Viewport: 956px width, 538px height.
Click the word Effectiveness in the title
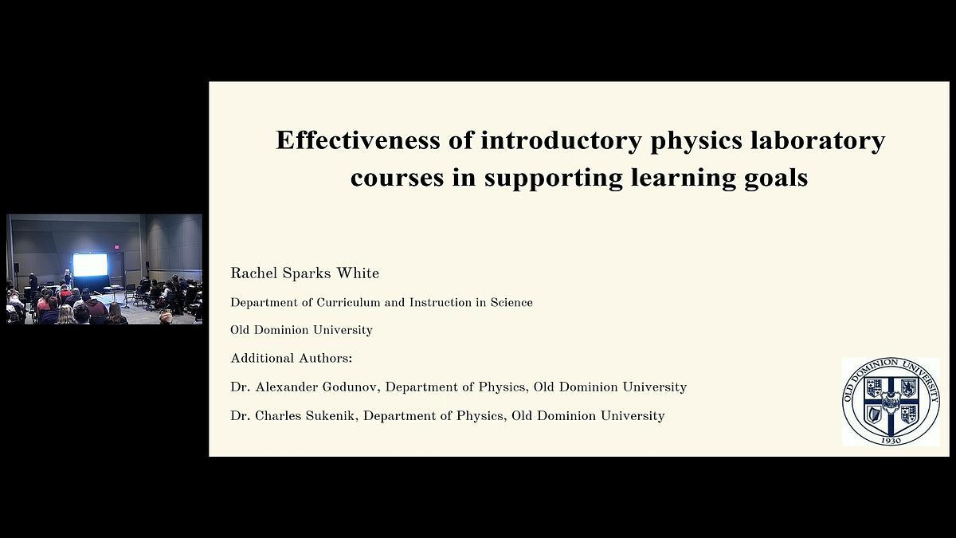tap(358, 139)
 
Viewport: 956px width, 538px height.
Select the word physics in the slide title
tap(696, 142)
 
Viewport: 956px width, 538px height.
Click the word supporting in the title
tap(553, 179)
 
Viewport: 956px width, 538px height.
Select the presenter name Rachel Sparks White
tap(304, 273)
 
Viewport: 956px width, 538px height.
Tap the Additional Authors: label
tap(292, 358)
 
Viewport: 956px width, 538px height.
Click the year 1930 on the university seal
tap(891, 441)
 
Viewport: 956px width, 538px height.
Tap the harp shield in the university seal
tap(874, 414)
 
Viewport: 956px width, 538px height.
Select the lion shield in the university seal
tap(908, 387)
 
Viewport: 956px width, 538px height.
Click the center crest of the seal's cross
tap(891, 403)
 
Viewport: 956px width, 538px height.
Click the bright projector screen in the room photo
tap(90, 265)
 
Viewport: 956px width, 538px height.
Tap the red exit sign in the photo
tap(116, 247)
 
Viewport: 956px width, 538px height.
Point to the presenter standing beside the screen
tap(67, 278)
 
